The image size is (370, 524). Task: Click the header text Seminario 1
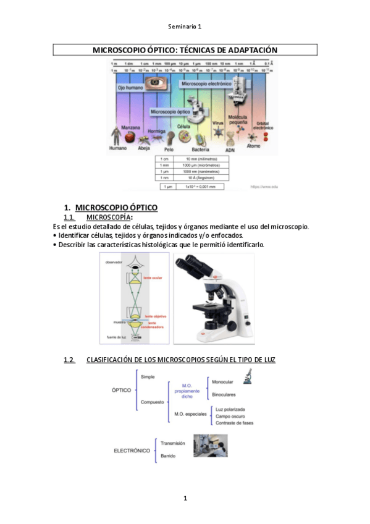pyautogui.click(x=185, y=27)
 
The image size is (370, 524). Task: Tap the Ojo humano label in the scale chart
pyautogui.click(x=130, y=88)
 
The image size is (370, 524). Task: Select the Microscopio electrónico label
pyautogui.click(x=206, y=83)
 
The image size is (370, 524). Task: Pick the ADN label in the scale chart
pyautogui.click(x=230, y=150)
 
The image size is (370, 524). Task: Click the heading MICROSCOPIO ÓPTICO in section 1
pyautogui.click(x=116, y=207)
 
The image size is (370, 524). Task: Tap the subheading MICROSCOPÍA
pyautogui.click(x=109, y=218)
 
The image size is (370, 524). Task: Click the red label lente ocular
pyautogui.click(x=154, y=278)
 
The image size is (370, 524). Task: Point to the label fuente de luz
pyautogui.click(x=117, y=337)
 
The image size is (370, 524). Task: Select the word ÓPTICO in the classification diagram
pyautogui.click(x=121, y=391)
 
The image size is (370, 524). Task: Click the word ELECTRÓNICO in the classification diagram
pyautogui.click(x=132, y=450)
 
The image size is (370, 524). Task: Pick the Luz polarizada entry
pyautogui.click(x=231, y=409)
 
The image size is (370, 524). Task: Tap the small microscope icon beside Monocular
pyautogui.click(x=247, y=376)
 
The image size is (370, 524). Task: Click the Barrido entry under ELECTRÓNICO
pyautogui.click(x=168, y=456)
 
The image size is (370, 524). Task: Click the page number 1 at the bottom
pyautogui.click(x=185, y=498)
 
